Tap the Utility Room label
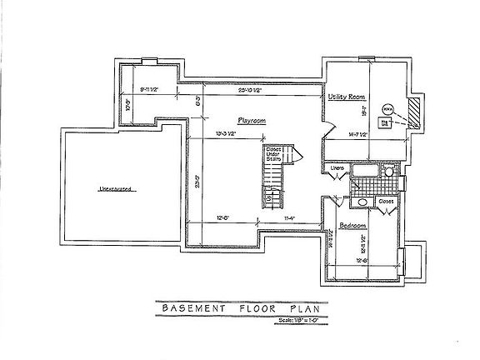(x=347, y=97)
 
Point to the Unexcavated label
(x=114, y=189)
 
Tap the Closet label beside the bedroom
(x=386, y=201)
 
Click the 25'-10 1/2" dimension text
(x=252, y=90)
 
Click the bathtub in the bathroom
(x=365, y=172)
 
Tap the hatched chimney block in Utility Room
(x=413, y=107)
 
